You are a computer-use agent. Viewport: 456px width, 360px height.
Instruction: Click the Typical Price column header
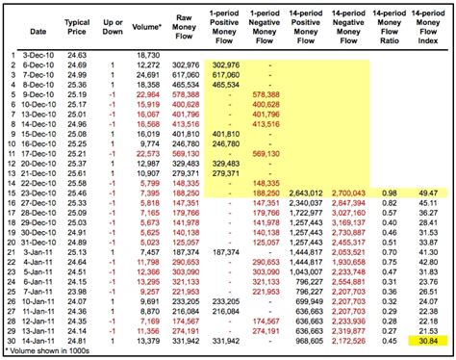[x=78, y=26]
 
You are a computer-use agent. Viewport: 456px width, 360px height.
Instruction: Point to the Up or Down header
[x=114, y=26]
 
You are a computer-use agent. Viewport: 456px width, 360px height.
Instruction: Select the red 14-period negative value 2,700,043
[x=348, y=193]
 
